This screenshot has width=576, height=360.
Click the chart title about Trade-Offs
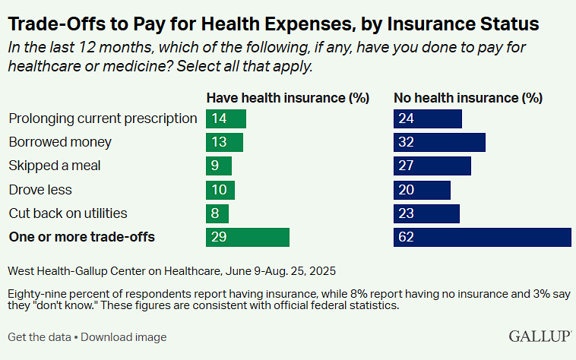point(274,24)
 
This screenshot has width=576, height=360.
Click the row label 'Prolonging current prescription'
point(103,118)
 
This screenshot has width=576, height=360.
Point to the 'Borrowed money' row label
point(60,142)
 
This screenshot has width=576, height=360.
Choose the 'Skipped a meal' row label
point(55,166)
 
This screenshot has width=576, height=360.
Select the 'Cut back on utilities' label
point(68,213)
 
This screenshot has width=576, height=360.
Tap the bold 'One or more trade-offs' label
point(81,237)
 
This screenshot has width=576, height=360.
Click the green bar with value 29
point(248,237)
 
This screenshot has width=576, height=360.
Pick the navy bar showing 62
point(482,237)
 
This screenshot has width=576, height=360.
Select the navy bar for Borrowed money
point(439,142)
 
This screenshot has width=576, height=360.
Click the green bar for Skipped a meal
point(219,166)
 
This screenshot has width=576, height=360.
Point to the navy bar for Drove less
point(422,189)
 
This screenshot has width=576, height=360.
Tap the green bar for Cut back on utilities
point(217,213)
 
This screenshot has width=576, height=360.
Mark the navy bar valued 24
point(428,118)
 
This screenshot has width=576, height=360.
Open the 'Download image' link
point(124,336)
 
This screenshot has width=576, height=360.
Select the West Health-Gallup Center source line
point(172,270)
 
